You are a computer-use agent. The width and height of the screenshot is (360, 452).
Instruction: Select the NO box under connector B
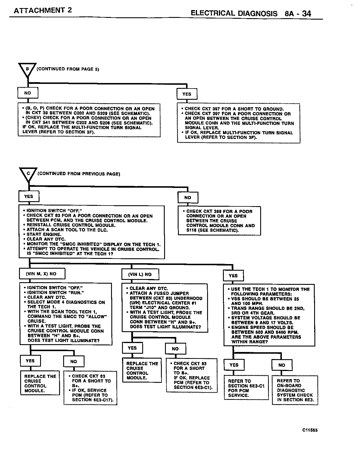coord(28,93)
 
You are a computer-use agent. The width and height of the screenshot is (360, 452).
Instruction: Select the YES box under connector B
coord(187,94)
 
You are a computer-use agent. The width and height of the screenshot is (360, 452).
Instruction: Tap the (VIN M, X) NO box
coord(42,274)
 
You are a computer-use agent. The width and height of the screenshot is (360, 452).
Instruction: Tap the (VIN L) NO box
coord(140,274)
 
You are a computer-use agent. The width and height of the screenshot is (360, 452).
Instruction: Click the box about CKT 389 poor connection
coord(219,221)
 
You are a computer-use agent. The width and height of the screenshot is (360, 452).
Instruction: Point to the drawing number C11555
coord(310,430)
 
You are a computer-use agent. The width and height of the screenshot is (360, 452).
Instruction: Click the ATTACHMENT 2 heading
coord(43,10)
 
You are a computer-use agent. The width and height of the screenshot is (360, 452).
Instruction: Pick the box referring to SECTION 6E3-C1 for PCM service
coord(246,388)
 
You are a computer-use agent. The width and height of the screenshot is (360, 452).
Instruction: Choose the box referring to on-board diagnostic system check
coord(295,390)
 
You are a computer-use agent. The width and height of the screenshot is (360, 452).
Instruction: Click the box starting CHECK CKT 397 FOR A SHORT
coord(239,123)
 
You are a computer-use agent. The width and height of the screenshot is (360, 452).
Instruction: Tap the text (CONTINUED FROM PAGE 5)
coord(68,69)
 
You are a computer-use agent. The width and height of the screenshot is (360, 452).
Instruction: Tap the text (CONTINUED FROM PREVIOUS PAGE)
coord(79,174)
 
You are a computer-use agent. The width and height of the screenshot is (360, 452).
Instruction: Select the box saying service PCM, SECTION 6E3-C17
coord(90,388)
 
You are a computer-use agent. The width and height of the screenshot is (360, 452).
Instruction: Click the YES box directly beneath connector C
coord(29,197)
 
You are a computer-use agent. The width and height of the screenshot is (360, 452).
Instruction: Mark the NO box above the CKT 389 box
coord(188,198)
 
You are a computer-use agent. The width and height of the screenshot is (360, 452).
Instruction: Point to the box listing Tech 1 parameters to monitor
coord(269,315)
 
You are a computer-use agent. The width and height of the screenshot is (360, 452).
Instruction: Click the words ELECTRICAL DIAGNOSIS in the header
coord(234,14)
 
